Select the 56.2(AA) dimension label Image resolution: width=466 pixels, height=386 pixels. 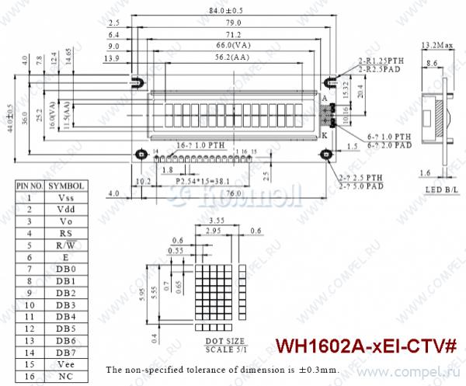pos(232,57)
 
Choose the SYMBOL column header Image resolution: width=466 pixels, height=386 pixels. pos(65,186)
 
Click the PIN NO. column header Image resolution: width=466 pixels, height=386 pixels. pos(30,186)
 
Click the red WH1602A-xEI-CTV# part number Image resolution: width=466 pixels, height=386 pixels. pos(367,344)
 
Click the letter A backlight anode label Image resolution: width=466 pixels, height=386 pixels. pos(324,99)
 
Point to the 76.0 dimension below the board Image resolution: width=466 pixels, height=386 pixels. pos(231,193)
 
